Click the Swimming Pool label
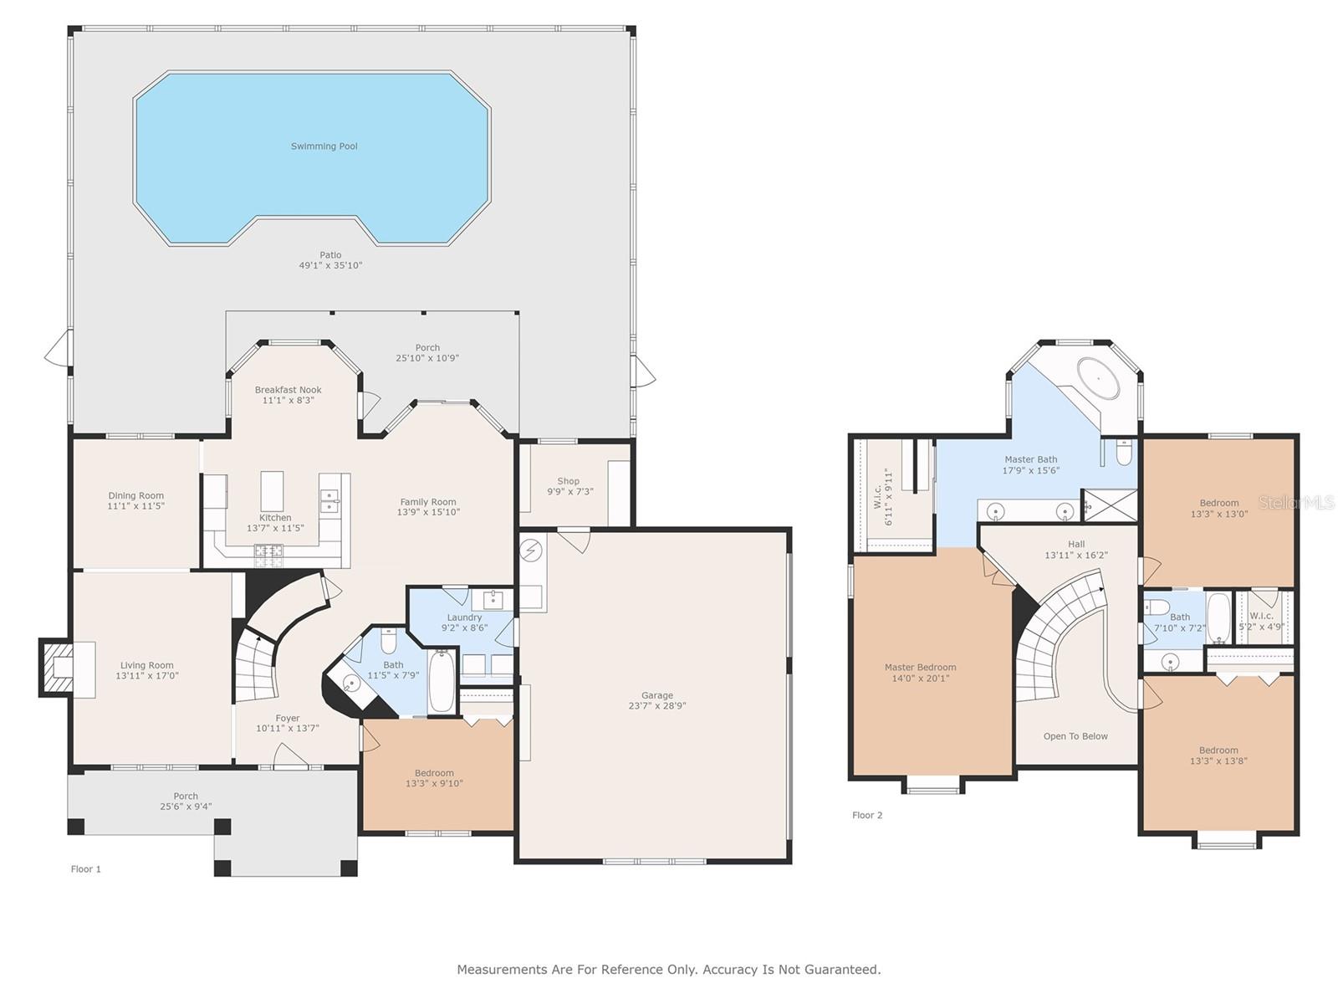(324, 146)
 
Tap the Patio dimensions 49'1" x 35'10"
(330, 265)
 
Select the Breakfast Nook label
(289, 390)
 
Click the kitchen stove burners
(268, 554)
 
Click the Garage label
(657, 695)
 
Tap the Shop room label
(568, 481)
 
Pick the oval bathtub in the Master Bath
(1099, 378)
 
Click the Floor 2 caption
(867, 815)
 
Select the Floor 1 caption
(86, 868)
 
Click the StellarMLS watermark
(1296, 502)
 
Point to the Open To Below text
(1075, 735)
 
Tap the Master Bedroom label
(920, 667)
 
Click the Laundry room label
(464, 617)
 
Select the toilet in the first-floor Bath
(389, 640)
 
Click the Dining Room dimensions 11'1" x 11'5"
(136, 506)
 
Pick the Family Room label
(428, 502)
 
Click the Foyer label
(287, 718)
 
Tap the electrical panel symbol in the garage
(531, 551)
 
